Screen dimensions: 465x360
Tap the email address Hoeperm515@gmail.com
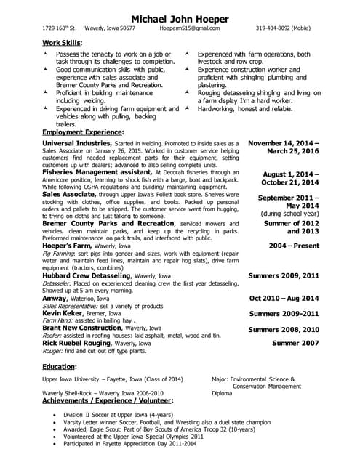[189, 28]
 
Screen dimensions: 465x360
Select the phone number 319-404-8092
[288, 28]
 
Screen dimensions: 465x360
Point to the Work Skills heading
[63, 44]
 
